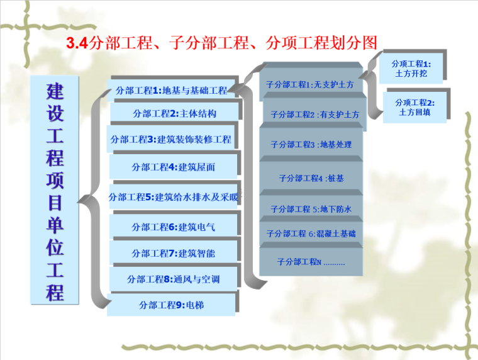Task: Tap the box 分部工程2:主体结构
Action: [x=174, y=114]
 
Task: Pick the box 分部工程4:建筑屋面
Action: [x=174, y=167]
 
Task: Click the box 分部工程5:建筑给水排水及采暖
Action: [x=174, y=197]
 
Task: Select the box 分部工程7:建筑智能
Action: [x=174, y=253]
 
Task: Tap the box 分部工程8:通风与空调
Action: [x=174, y=279]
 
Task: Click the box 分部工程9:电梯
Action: [x=172, y=305]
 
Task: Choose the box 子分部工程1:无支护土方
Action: [x=309, y=84]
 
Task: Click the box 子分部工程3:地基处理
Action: [x=311, y=145]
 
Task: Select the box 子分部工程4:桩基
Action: [x=311, y=178]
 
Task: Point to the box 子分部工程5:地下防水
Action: [x=311, y=209]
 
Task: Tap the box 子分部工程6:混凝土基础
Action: [x=311, y=233]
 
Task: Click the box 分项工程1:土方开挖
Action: [x=411, y=69]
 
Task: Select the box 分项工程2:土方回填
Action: [x=415, y=107]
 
